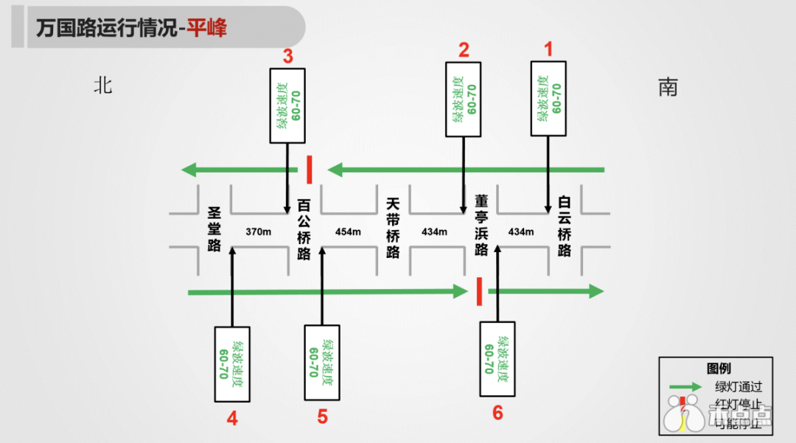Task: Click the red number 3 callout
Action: tap(288, 56)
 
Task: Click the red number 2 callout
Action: tap(464, 50)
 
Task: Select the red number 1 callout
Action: tap(548, 49)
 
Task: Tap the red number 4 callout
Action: tap(232, 419)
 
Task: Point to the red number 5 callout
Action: tap(322, 417)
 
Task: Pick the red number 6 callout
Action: tap(497, 413)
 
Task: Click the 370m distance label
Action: tap(259, 231)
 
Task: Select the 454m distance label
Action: tap(348, 231)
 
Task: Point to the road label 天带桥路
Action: tap(394, 229)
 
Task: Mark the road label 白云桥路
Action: tap(565, 226)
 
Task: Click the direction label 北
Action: tap(102, 86)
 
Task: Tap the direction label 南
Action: tap(668, 88)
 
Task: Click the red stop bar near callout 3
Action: tap(310, 169)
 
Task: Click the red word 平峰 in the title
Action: tap(206, 28)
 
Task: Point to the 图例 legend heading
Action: tap(718, 369)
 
